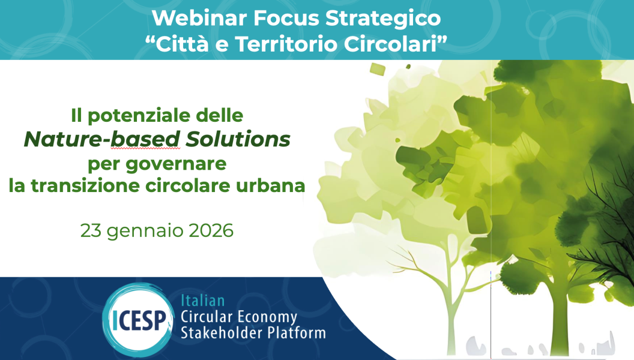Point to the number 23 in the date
click(91, 230)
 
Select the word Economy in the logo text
click(267, 316)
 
